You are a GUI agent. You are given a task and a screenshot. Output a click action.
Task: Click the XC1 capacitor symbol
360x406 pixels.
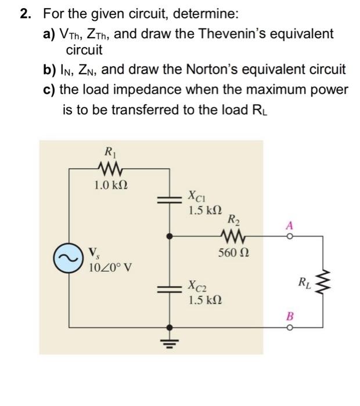[x=170, y=200]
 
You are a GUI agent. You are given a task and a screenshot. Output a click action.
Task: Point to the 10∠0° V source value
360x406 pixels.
[x=110, y=268]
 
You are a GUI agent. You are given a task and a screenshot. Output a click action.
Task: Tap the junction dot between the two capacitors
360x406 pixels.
[x=170, y=237]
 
